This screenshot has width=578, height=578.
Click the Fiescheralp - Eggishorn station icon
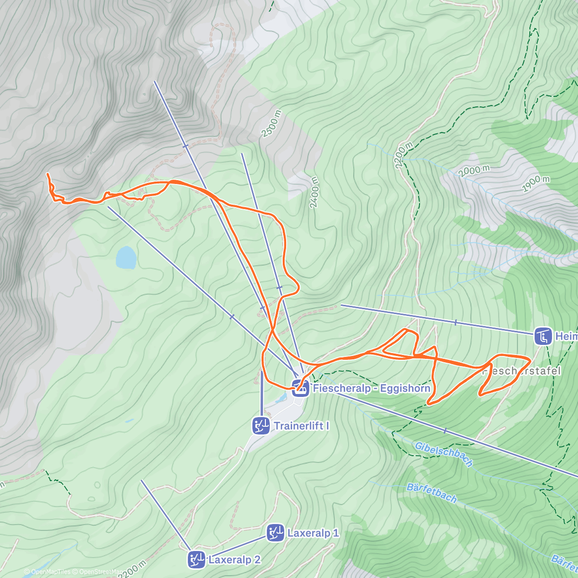pyautogui.click(x=301, y=388)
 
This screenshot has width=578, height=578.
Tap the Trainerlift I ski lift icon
pyautogui.click(x=261, y=426)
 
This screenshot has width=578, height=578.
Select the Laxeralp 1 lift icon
pyautogui.click(x=276, y=533)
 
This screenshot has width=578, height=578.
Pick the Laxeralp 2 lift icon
pyautogui.click(x=197, y=559)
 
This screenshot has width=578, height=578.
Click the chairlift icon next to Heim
pyautogui.click(x=543, y=336)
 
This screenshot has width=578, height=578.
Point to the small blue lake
pyautogui.click(x=126, y=258)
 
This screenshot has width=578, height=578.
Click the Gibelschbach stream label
pyautogui.click(x=443, y=454)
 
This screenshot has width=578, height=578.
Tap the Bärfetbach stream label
pyautogui.click(x=432, y=493)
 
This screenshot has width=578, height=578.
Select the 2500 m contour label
pyautogui.click(x=271, y=124)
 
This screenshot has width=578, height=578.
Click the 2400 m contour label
pyautogui.click(x=314, y=192)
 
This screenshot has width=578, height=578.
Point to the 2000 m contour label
pyautogui.click(x=474, y=170)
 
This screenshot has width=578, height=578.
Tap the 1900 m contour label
pyautogui.click(x=535, y=184)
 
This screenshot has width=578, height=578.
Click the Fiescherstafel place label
pyautogui.click(x=521, y=371)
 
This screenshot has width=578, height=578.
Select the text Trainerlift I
pyautogui.click(x=302, y=426)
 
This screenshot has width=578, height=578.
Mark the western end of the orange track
pyautogui.click(x=47, y=174)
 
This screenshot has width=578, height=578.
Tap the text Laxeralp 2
pyautogui.click(x=235, y=560)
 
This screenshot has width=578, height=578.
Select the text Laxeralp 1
pyautogui.click(x=313, y=533)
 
